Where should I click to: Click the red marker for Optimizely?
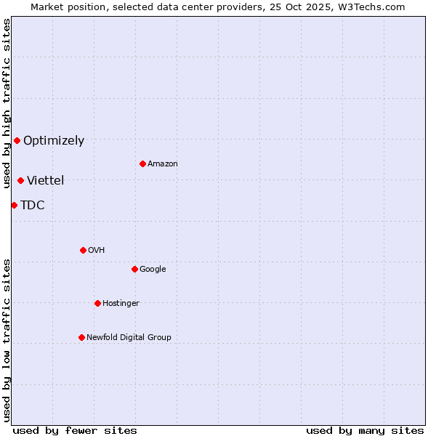point(17,140)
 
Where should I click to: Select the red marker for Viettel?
point(20,180)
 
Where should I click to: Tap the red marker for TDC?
point(14,205)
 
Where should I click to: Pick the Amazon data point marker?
point(142,163)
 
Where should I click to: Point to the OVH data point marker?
point(83,250)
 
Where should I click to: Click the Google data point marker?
point(134,269)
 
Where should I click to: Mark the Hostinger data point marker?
point(97,303)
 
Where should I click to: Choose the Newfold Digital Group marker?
point(81,337)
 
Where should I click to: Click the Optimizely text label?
point(54,141)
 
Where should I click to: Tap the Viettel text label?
point(46,181)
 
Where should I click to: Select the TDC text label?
point(33,206)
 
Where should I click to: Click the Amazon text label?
point(163,164)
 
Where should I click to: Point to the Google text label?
point(153,270)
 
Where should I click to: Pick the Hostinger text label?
point(121,304)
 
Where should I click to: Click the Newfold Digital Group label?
point(129,338)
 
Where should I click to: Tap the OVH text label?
point(97,251)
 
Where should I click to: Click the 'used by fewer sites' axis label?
point(75,430)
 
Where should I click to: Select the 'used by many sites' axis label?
point(365,430)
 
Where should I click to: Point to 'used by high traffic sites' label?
point(7,103)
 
